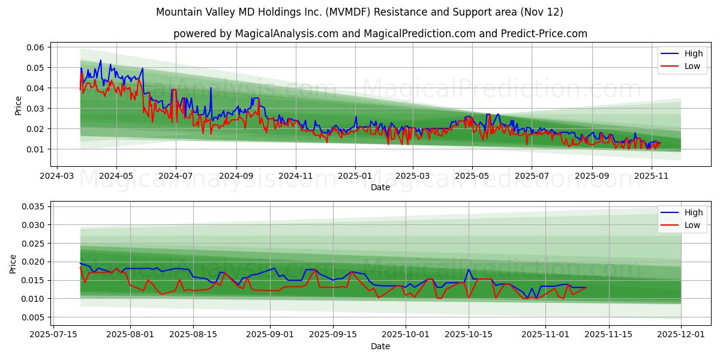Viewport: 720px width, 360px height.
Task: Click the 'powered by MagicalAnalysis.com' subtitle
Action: coord(380,34)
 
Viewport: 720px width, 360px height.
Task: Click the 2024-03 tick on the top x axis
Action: coord(56,176)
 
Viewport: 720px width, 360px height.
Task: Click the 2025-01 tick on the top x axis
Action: coord(355,176)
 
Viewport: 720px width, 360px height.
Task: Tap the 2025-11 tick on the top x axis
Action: coord(651,176)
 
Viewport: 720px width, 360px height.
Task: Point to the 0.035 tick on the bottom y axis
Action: coord(34,206)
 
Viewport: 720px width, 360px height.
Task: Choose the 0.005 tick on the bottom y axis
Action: coord(34,317)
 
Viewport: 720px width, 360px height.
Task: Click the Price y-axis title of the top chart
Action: coord(18,105)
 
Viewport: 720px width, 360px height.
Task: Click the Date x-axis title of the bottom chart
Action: coord(380,346)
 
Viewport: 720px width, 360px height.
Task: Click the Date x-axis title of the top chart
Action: coord(380,187)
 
